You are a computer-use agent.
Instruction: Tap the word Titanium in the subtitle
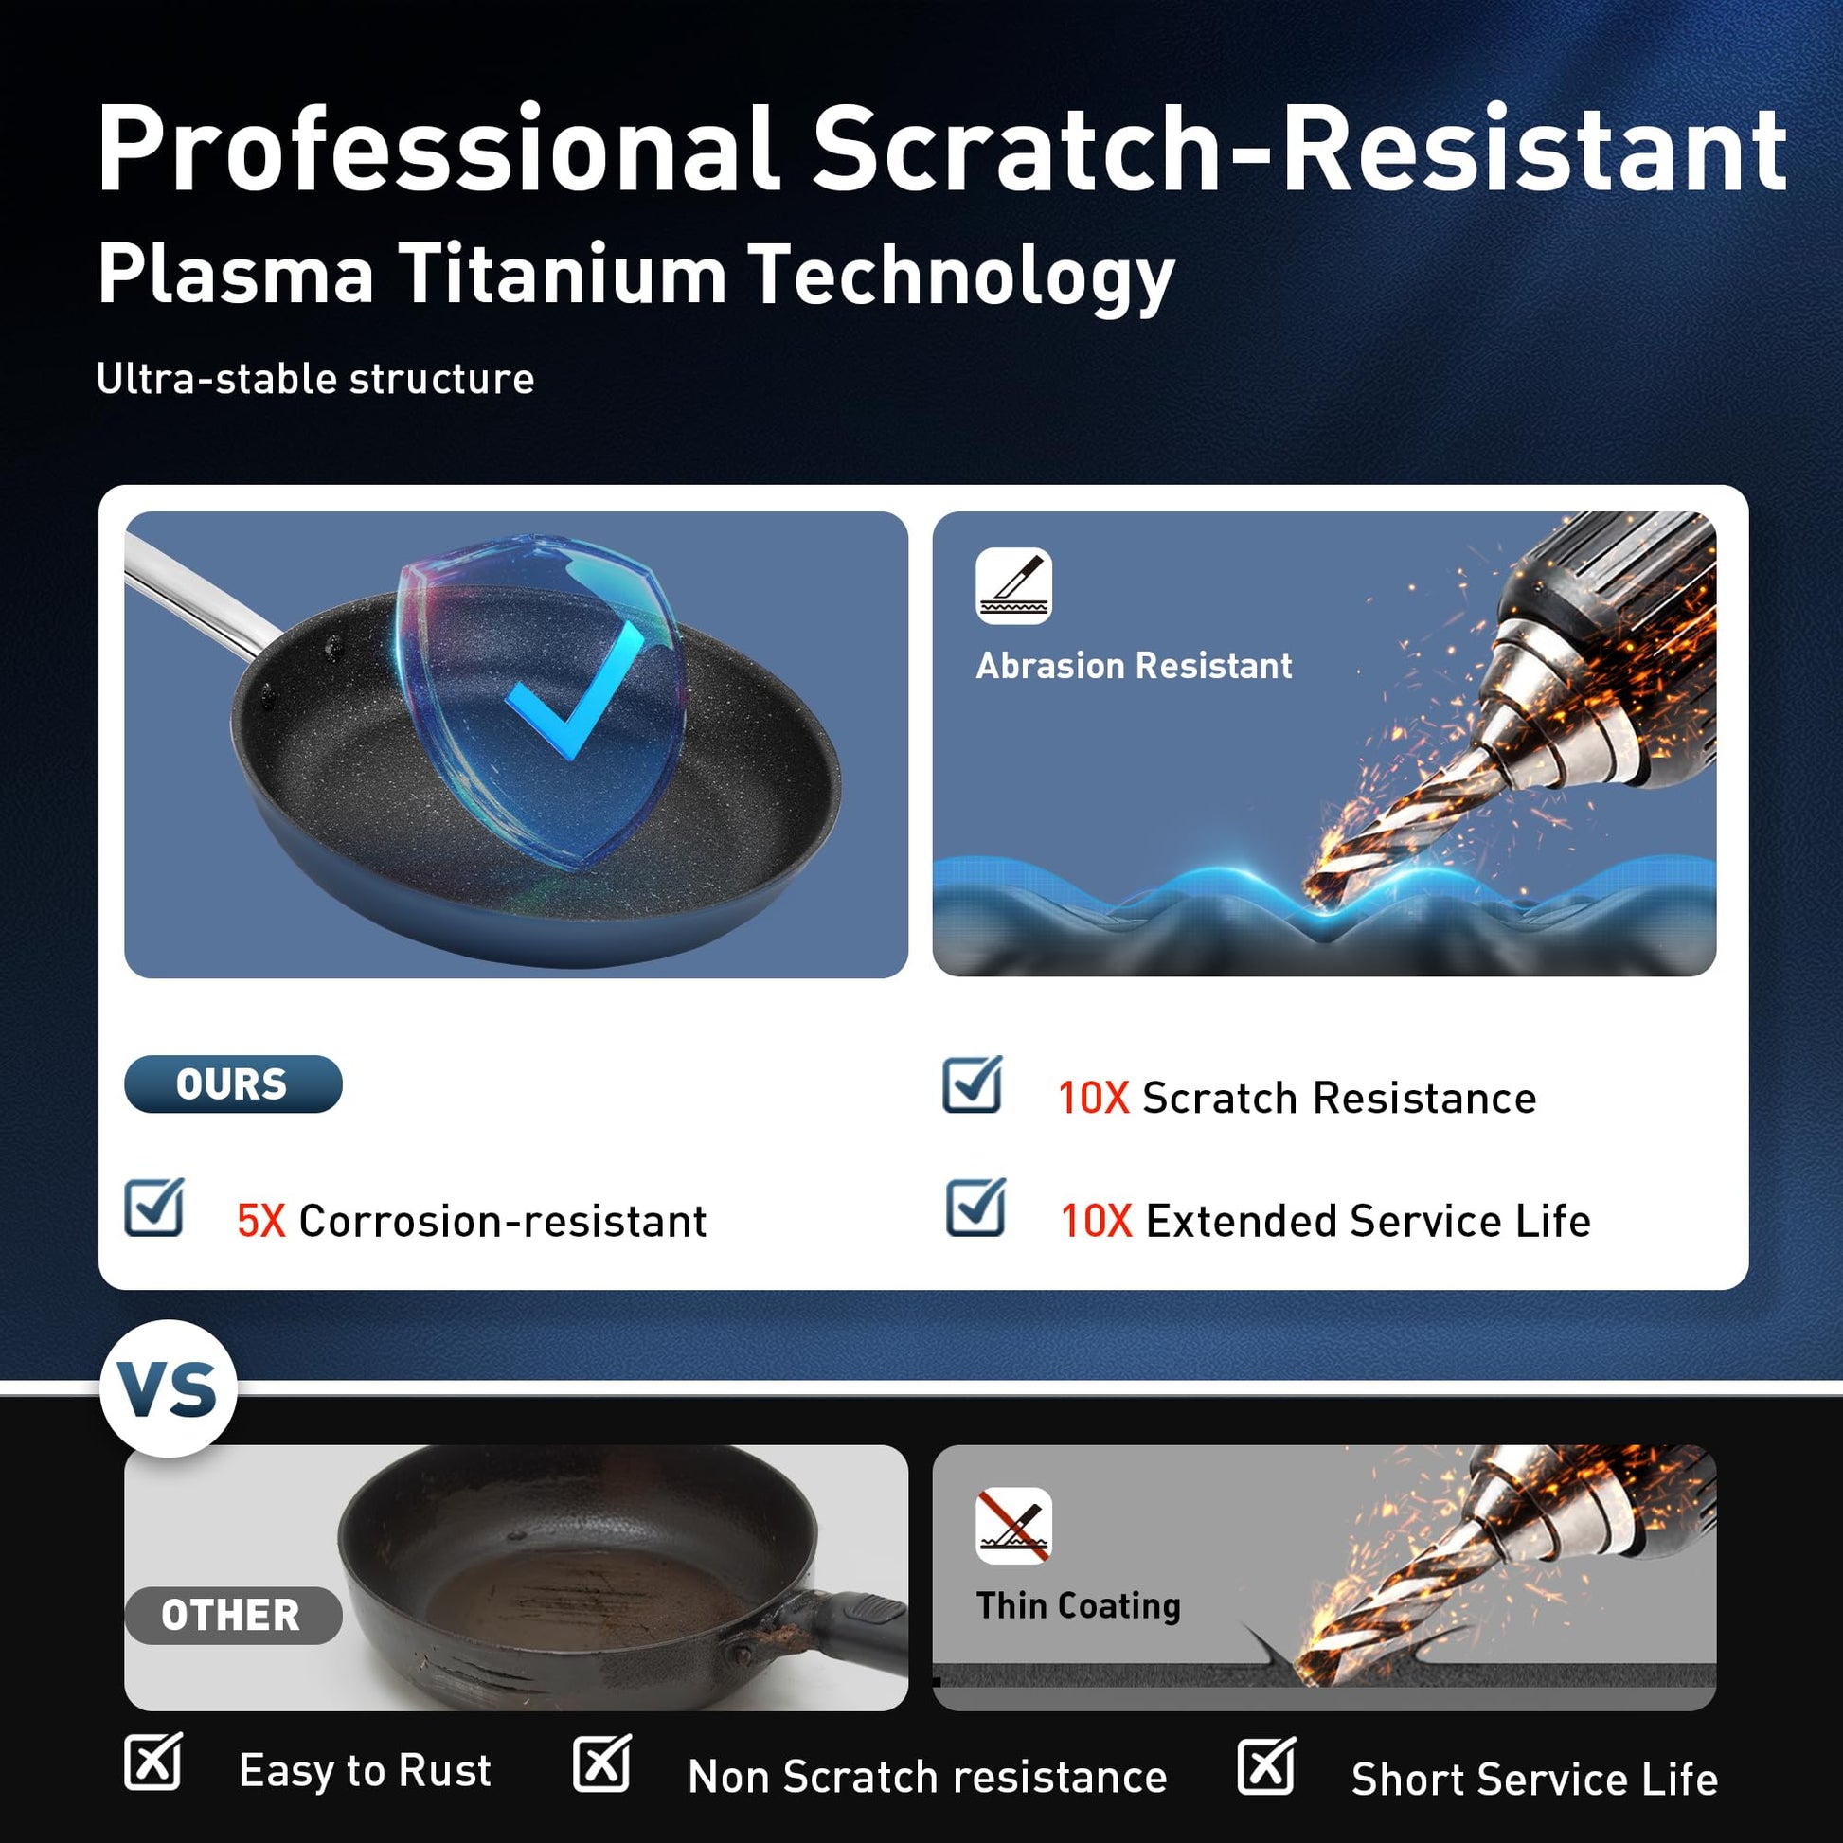563,275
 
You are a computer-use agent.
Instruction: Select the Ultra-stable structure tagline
315,379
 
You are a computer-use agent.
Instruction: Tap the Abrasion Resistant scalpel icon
1013,585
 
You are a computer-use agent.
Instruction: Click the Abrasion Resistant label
1135,666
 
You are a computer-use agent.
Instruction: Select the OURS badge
233,1083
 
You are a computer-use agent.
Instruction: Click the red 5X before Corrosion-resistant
261,1221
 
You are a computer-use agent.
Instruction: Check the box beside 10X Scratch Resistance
972,1084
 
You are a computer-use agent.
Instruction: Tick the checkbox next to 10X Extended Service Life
975,1207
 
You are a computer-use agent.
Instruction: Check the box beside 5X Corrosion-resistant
154,1207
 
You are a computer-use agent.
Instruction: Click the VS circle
168,1388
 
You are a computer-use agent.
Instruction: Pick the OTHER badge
233,1615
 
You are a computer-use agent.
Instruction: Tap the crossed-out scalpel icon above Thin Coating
1014,1526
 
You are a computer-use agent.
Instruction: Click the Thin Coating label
1079,1605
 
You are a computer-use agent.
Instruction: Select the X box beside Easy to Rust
153,1761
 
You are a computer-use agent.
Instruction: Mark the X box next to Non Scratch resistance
602,1762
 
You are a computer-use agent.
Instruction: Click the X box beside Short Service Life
1266,1765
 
